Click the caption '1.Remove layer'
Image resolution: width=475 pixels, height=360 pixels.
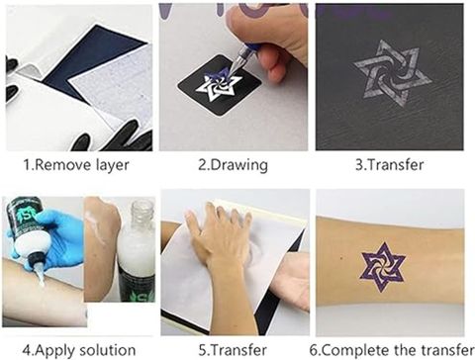tap(76, 165)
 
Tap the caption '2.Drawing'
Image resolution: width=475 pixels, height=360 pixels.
tap(233, 165)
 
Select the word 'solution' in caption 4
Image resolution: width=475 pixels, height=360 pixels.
tap(108, 350)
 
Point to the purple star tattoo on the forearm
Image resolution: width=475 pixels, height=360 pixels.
tap(383, 267)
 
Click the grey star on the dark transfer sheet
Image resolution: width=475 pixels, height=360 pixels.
tap(392, 73)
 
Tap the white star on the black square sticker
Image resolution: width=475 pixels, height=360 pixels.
tap(218, 86)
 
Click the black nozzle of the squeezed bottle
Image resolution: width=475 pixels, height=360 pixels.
tap(35, 260)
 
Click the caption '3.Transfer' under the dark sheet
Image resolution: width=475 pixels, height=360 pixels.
tap(390, 165)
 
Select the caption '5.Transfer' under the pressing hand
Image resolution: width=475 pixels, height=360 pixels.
tap(233, 350)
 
